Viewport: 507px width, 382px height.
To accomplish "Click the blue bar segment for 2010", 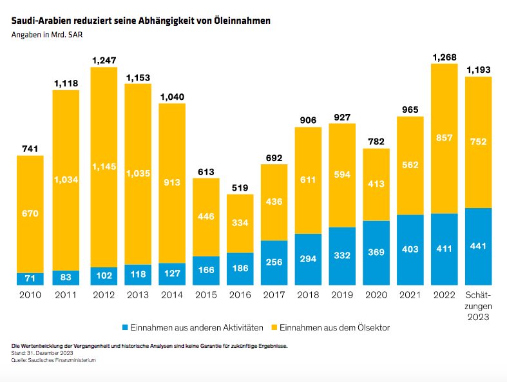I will point(30,279).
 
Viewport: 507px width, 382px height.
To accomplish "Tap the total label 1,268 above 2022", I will point(444,57).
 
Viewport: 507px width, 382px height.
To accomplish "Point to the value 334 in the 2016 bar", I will point(240,223).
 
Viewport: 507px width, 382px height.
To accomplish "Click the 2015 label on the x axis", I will point(206,295).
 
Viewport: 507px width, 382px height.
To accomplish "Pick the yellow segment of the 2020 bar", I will point(376,185).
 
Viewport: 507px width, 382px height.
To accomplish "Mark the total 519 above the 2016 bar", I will point(240,187).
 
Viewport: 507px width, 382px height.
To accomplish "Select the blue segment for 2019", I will point(342,256).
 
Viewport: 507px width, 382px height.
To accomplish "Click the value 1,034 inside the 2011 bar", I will point(65,180).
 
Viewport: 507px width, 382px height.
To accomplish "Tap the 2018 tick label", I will point(308,295).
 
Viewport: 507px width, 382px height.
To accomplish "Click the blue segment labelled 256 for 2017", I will point(274,263).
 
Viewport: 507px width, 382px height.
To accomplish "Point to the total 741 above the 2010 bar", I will point(30,149).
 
